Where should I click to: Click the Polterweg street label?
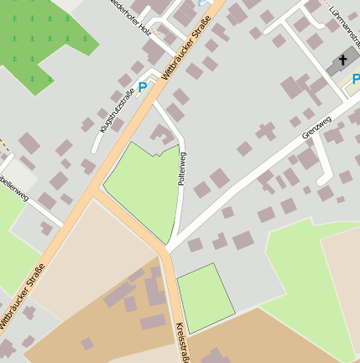tap(181, 169)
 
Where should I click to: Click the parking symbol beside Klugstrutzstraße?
tap(143, 86)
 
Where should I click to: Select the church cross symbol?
tap(342, 61)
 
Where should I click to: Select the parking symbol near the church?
tap(356, 79)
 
